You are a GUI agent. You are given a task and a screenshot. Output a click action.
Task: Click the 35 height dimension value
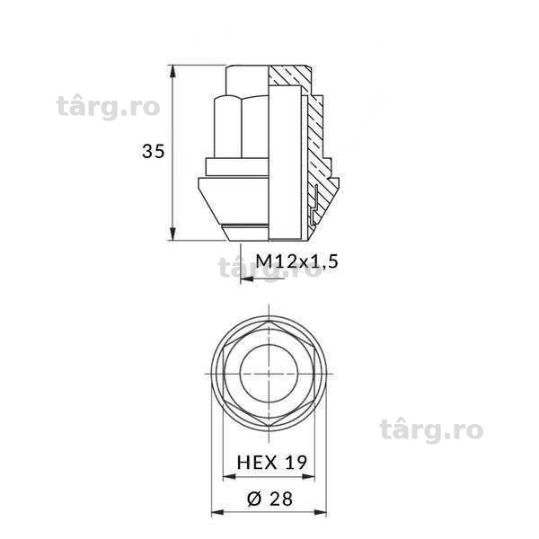[x=154, y=151]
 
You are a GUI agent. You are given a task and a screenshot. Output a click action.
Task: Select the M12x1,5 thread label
[x=297, y=262]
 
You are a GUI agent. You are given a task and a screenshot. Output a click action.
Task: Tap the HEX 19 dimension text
[x=271, y=463]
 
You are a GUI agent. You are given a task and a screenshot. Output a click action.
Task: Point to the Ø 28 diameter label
[x=269, y=499]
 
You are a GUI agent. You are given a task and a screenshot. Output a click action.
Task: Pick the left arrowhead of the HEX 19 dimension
[x=230, y=477]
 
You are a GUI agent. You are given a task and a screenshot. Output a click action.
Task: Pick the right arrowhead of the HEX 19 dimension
[x=308, y=477]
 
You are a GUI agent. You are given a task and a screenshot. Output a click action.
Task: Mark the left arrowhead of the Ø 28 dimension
[x=217, y=513]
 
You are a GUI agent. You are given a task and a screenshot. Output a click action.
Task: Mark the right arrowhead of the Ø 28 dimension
[x=320, y=513]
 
